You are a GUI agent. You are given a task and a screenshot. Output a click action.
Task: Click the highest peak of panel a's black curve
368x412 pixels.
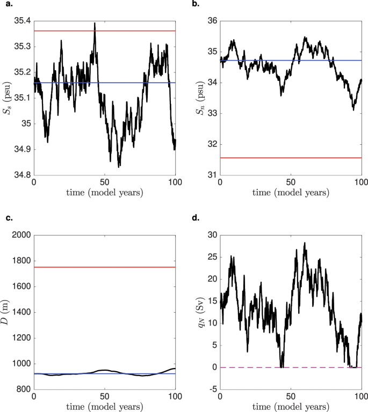tap(95, 23)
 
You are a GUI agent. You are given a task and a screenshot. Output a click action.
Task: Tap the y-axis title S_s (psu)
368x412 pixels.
tap(6, 98)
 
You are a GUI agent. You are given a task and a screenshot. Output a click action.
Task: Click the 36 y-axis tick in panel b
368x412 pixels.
tap(210, 21)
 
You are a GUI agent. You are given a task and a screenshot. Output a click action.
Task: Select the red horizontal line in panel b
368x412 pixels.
tap(290, 158)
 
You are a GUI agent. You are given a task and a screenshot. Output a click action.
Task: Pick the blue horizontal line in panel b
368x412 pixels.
tap(290, 60)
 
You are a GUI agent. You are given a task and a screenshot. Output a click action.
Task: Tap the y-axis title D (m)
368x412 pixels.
tap(6, 312)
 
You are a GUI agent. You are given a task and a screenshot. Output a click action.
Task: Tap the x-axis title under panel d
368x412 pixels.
tap(291, 407)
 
